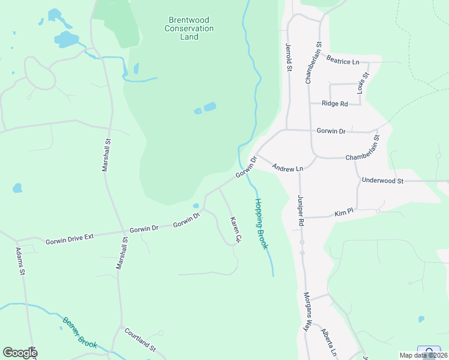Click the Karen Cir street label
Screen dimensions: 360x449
pos(235,230)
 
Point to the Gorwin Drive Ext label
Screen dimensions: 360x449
pos(70,238)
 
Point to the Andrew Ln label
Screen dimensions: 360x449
pos(288,169)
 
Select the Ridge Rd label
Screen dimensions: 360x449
pos(335,104)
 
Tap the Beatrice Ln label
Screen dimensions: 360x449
pos(343,60)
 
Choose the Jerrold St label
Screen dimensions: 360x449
pos(289,58)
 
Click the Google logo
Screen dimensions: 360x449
pos(20,353)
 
